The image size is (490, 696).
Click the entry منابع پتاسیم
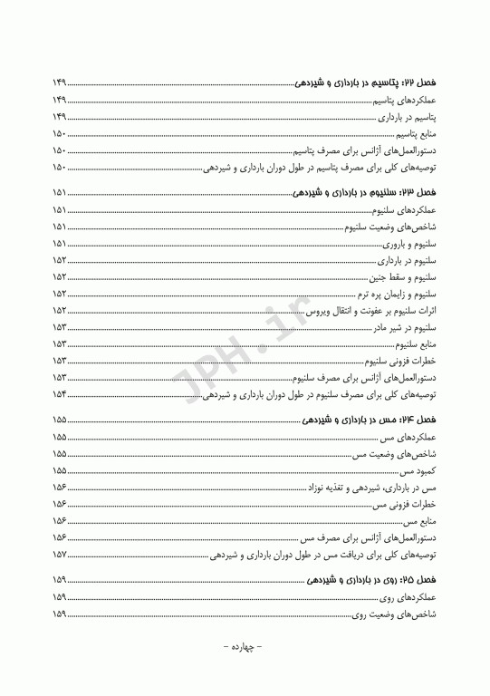click(413, 134)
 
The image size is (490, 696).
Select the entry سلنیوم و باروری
click(410, 245)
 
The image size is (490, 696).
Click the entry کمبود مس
click(420, 471)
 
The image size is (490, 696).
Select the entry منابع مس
click(421, 522)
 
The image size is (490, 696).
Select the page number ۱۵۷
click(62, 556)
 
